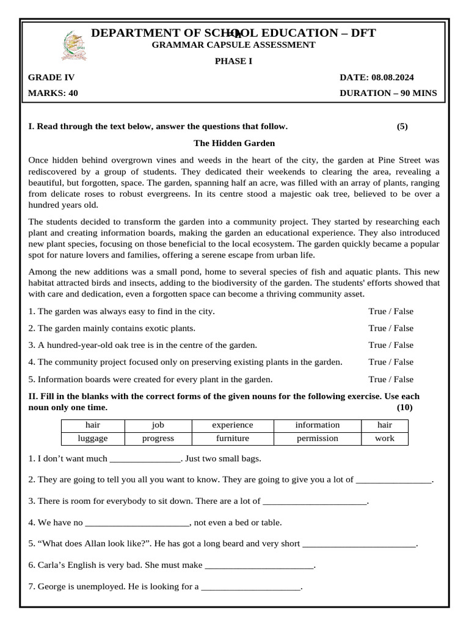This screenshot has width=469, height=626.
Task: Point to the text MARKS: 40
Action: (x=53, y=94)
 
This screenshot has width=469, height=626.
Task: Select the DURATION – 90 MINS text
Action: (x=388, y=94)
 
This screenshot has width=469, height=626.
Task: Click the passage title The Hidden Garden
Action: (x=234, y=143)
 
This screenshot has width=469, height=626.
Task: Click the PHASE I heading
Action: (x=234, y=61)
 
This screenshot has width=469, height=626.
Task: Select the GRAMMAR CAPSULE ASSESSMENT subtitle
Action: (x=234, y=45)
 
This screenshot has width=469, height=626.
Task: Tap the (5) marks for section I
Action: (x=402, y=127)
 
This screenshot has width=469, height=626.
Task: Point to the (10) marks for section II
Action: (x=404, y=407)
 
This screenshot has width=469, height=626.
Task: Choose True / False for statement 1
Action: (x=391, y=311)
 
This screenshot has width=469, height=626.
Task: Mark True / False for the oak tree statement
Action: (x=391, y=345)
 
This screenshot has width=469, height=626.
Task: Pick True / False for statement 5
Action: (x=391, y=379)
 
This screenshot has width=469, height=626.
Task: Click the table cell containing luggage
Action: (x=93, y=438)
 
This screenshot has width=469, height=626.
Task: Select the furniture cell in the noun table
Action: (x=233, y=438)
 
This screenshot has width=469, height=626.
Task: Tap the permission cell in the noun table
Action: (x=317, y=438)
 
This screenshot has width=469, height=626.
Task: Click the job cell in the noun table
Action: (x=158, y=425)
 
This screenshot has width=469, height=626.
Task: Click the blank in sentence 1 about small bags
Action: (x=144, y=459)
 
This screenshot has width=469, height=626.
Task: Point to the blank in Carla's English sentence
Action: (x=259, y=566)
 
